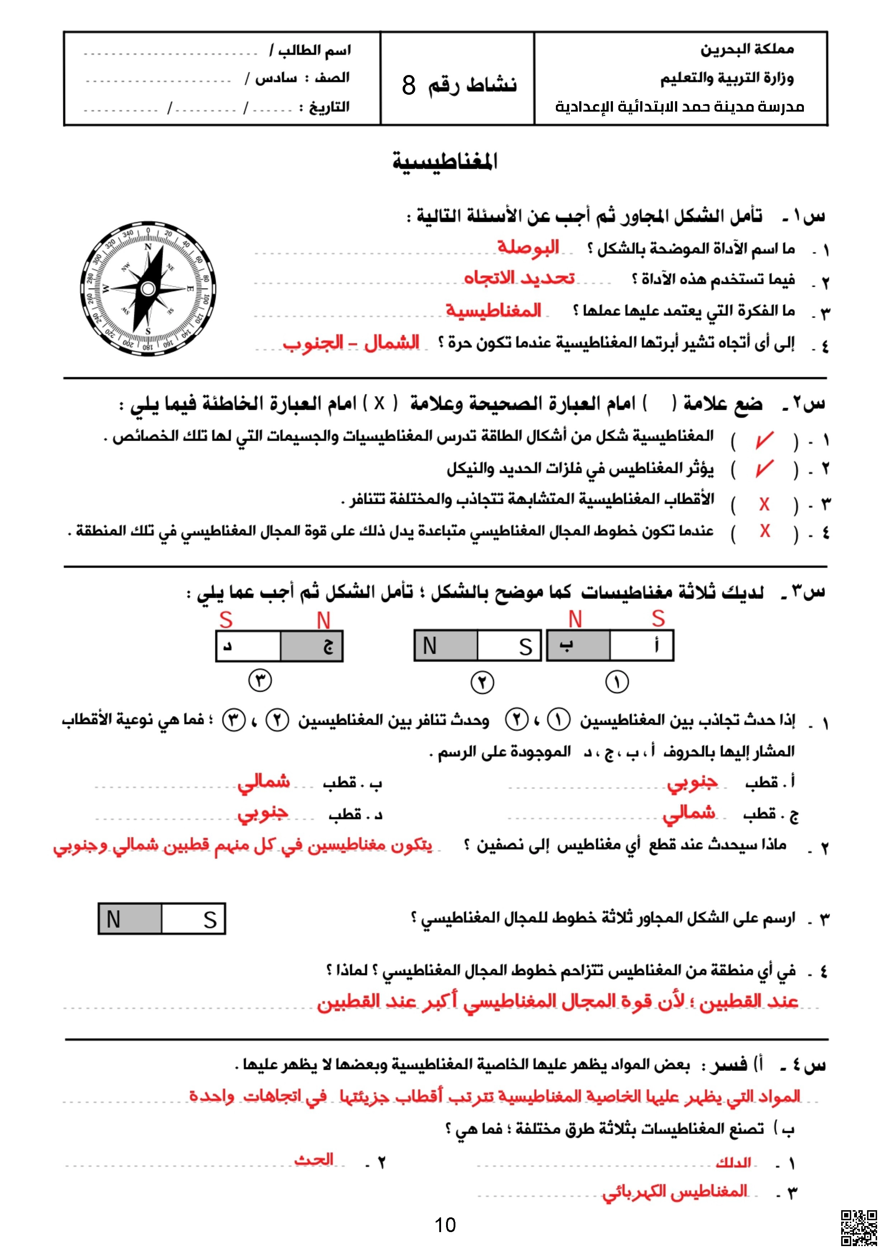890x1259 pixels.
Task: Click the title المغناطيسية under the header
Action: (445, 162)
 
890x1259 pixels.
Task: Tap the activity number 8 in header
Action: (408, 85)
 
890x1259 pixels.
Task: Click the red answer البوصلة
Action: (528, 248)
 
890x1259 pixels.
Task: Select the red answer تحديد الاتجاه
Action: (519, 278)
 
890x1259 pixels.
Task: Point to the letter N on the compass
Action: (147, 247)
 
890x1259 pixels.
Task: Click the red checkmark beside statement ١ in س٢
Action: (764, 440)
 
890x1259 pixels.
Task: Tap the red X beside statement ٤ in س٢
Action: (764, 531)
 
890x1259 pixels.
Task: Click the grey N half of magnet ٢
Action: (445, 646)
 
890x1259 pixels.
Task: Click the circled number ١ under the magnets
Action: (617, 682)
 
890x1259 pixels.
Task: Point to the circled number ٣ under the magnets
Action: (261, 680)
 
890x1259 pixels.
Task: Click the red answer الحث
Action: (314, 1159)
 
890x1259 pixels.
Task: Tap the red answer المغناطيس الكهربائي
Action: (674, 1192)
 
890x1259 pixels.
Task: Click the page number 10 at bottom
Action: (445, 1225)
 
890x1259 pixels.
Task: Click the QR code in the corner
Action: (859, 1228)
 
